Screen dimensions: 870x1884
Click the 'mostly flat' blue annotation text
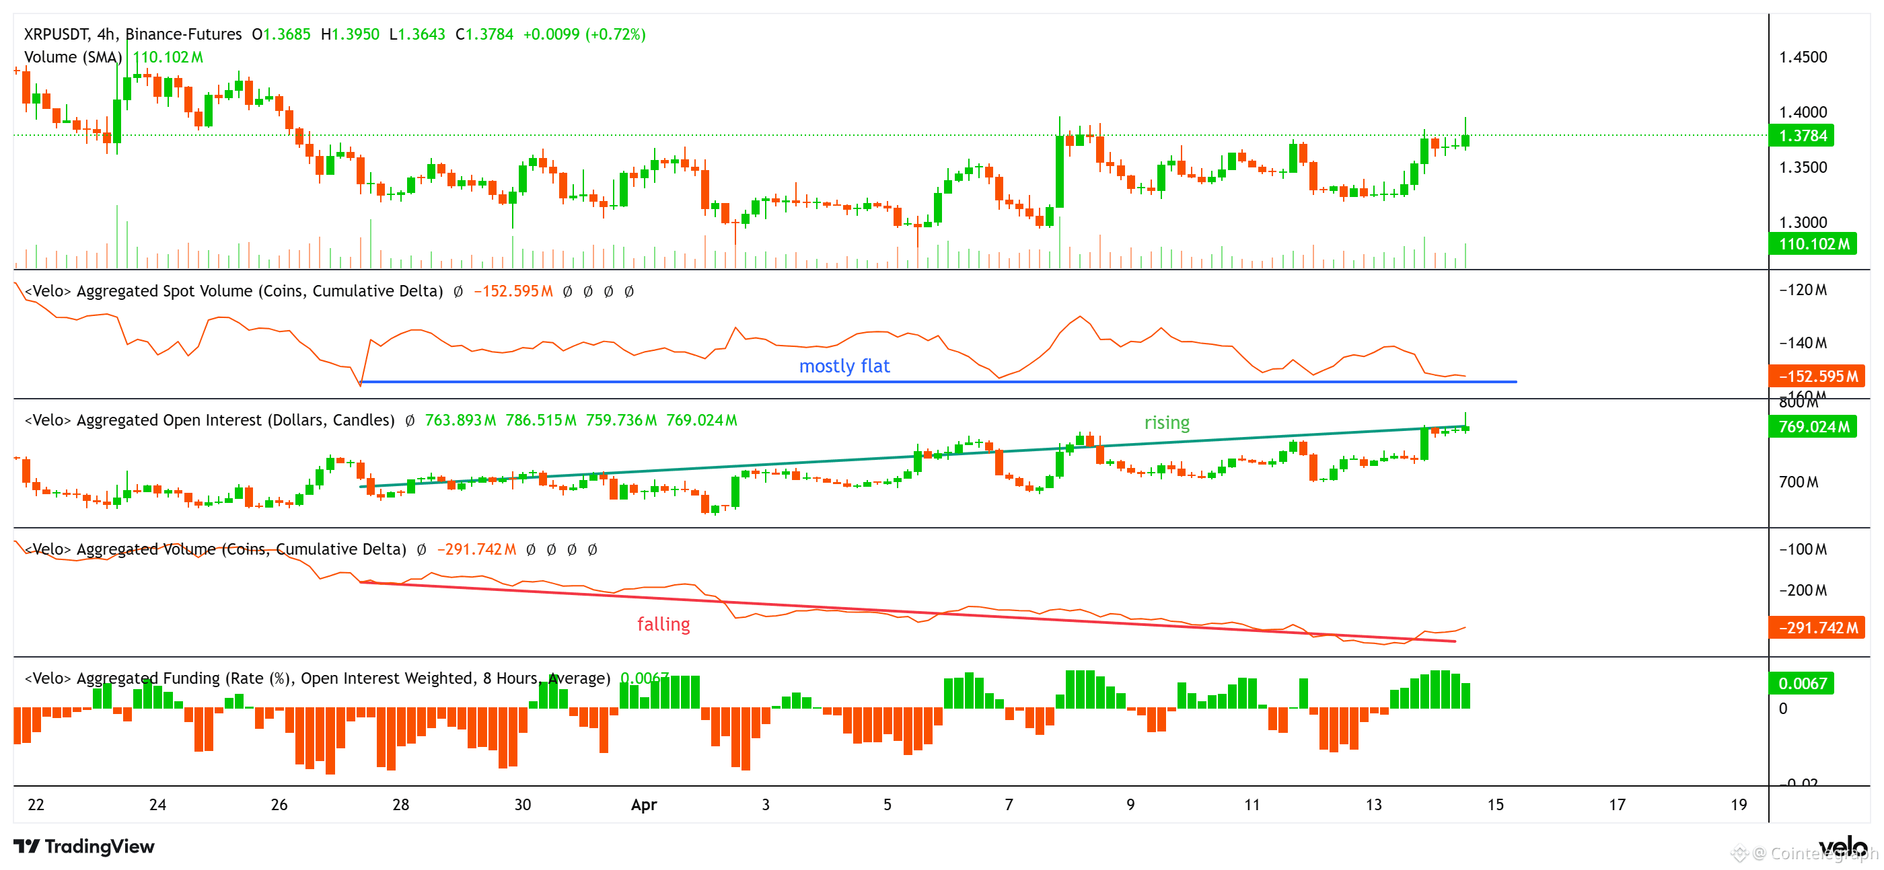[844, 366]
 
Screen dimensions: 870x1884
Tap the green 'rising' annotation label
[1167, 423]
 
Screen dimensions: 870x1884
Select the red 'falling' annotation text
[663, 625]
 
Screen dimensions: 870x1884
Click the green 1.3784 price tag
[1802, 135]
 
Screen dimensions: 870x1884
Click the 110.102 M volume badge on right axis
[1813, 243]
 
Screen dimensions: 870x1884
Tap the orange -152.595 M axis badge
[1817, 377]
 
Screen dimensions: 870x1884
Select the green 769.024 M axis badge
[1813, 426]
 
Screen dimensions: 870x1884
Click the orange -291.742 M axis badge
[1817, 628]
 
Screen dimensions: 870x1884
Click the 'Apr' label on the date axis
[644, 805]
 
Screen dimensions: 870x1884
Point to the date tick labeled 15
[1496, 805]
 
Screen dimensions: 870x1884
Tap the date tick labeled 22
[36, 805]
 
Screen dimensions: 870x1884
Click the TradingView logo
[84, 846]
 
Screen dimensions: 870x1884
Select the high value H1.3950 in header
[351, 34]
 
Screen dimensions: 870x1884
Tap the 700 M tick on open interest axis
[1798, 483]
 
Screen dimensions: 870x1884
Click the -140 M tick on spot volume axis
[1802, 343]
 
